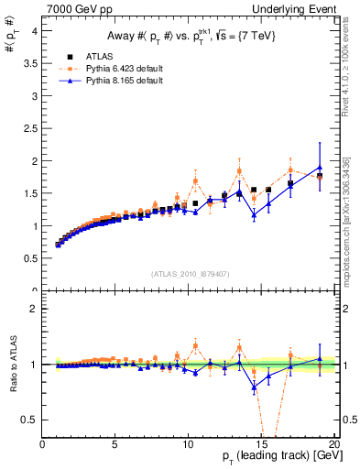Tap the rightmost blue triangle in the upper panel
[320, 168]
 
